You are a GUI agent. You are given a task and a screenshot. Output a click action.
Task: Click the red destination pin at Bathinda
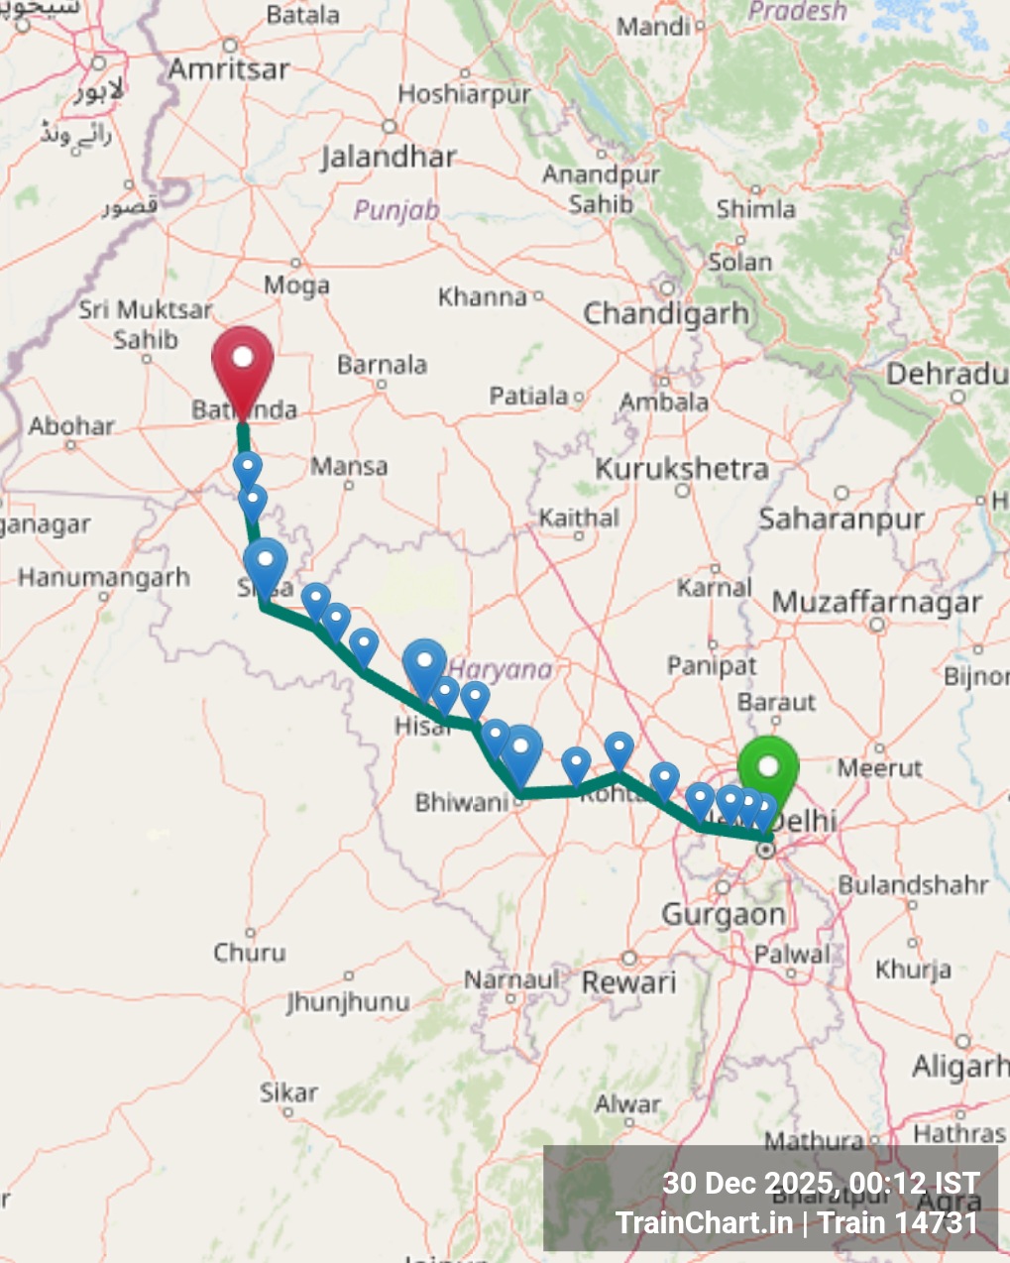[x=243, y=362]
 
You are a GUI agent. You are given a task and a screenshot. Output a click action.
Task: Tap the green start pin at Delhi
[x=768, y=769]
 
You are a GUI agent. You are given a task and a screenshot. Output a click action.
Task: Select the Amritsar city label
[x=229, y=69]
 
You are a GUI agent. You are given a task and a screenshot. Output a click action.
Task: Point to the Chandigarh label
[x=666, y=314]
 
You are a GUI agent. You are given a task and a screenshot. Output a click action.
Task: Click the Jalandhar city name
[x=389, y=157]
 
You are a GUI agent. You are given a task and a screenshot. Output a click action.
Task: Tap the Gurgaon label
[x=724, y=914]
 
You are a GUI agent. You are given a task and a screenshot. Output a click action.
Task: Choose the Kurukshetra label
[x=682, y=469]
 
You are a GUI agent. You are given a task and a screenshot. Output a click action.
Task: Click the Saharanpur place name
[x=842, y=518]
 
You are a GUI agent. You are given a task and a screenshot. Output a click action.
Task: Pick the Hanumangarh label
[x=103, y=577]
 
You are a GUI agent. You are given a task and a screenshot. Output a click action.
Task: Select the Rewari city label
[x=629, y=982]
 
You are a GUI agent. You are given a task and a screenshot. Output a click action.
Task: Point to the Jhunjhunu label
[x=348, y=1001]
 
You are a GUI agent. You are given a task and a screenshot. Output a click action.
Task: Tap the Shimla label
[x=756, y=209]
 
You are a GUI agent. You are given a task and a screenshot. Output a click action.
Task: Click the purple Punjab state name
[x=396, y=210]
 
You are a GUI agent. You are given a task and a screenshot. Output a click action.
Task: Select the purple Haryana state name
[x=502, y=670]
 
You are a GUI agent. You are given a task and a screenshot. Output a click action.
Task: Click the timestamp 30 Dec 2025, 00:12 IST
[x=821, y=1183]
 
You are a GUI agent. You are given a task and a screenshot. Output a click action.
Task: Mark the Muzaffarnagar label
[x=877, y=603]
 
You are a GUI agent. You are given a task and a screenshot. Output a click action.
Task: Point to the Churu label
[x=250, y=953]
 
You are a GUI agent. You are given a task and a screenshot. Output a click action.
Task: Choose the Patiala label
[x=528, y=397]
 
